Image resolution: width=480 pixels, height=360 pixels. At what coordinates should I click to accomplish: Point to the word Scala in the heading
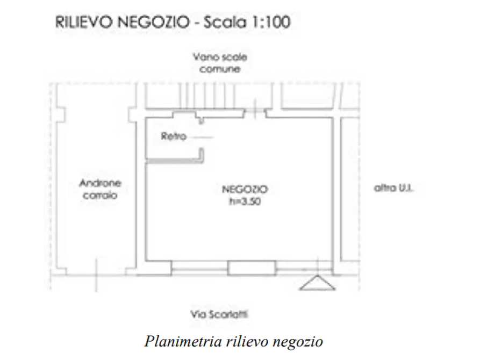coord(222,24)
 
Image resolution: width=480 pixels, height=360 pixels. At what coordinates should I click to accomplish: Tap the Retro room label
coord(173,136)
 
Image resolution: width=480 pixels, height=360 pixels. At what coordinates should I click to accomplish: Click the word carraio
coord(101,196)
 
